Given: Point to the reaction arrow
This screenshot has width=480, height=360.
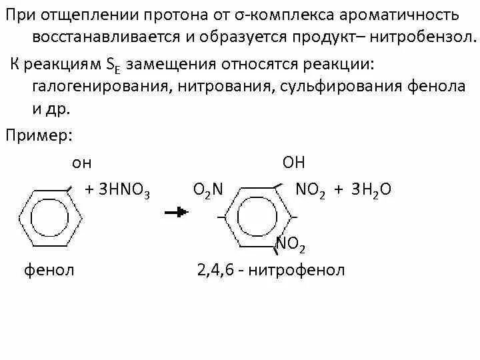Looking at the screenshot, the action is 176,212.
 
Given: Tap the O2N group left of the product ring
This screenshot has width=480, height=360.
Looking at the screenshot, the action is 207,191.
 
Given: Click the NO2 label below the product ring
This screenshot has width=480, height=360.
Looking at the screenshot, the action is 291,245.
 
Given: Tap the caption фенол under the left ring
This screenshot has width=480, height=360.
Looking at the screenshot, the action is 49,270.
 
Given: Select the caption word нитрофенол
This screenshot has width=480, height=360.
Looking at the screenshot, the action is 304,270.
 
